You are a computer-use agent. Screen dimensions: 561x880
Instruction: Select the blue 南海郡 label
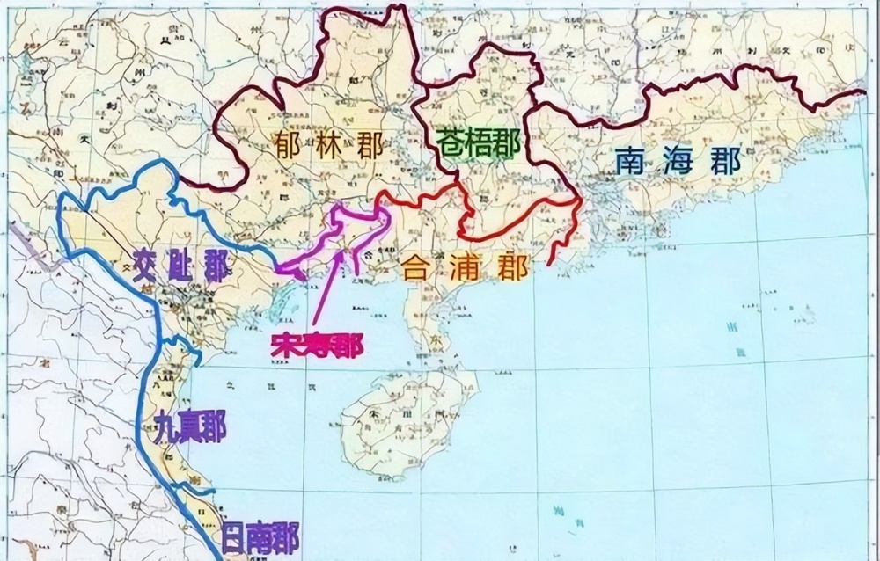677,161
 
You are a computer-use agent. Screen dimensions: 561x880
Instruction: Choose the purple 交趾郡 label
180,264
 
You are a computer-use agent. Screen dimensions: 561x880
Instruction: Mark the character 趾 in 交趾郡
180,264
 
